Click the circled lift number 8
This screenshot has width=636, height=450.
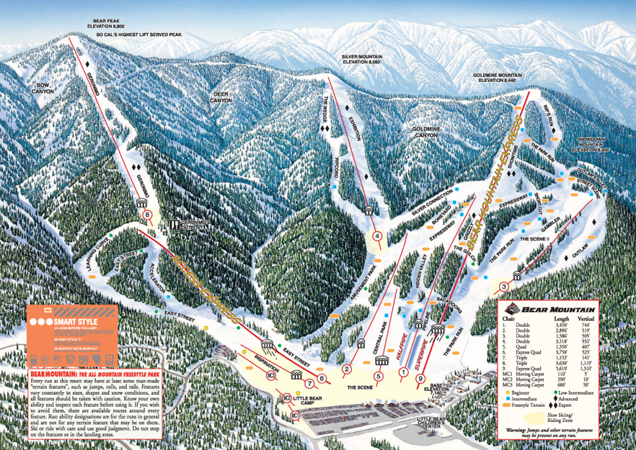pos(147,214)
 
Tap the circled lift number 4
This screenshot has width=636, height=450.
pos(376,235)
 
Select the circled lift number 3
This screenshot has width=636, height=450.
pos(503,287)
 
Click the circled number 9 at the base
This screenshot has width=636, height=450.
pos(420,379)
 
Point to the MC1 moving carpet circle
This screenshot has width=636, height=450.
pos(294,416)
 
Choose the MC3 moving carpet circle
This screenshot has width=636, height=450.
pos(272,375)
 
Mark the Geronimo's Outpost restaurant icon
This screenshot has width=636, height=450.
pos(174,225)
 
